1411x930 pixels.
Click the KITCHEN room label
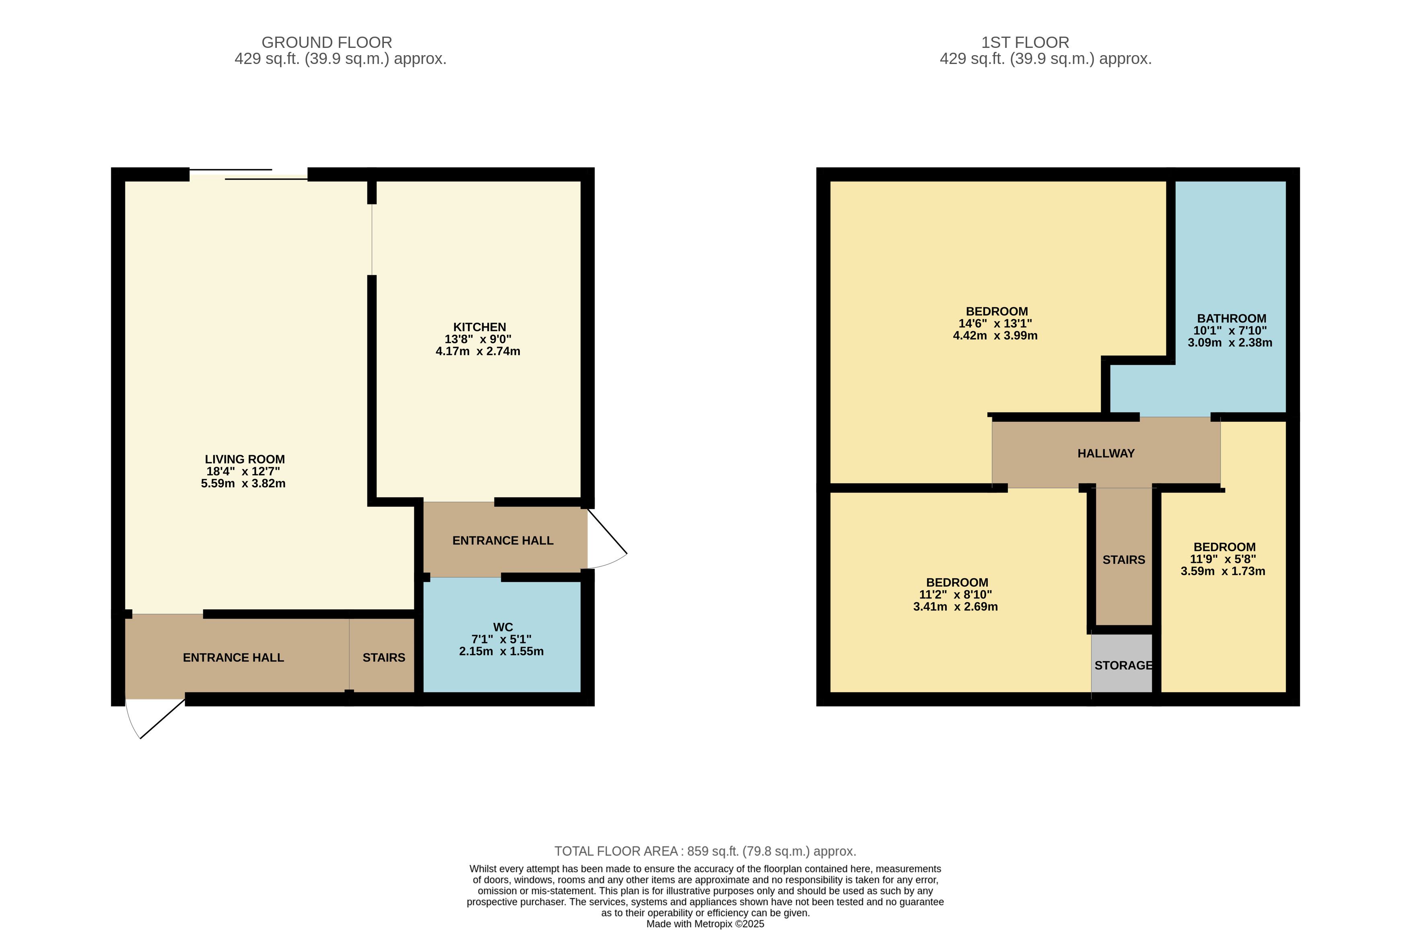(x=479, y=327)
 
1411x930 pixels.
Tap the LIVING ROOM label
(x=245, y=459)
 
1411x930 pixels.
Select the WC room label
(x=503, y=627)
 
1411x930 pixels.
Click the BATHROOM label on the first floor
(x=1232, y=318)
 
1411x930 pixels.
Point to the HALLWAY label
(x=1106, y=453)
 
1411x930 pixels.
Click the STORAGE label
(x=1123, y=666)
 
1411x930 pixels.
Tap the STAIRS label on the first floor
(x=1123, y=560)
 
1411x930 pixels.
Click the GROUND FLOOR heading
(x=327, y=43)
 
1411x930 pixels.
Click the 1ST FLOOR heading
(x=1025, y=43)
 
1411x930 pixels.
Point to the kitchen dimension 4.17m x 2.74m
(x=478, y=351)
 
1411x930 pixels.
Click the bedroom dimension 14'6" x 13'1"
(x=995, y=323)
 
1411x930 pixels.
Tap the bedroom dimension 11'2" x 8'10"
(x=955, y=594)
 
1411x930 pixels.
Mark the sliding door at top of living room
(x=248, y=174)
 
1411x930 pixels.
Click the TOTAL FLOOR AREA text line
(x=705, y=851)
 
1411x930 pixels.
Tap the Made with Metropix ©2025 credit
(x=705, y=924)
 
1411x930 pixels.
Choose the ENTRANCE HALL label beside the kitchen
(x=503, y=540)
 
